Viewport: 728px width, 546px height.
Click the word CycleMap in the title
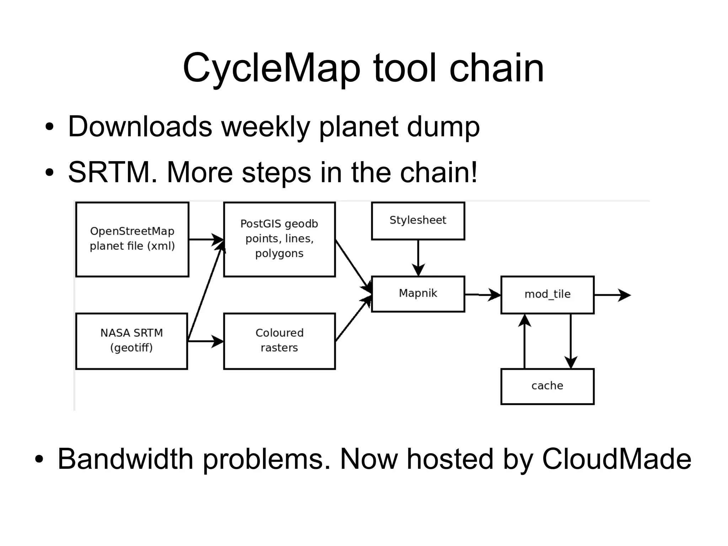271,68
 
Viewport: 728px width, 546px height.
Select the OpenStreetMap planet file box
132,239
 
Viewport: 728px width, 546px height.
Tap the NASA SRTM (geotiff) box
132,340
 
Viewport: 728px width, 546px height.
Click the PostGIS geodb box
279,239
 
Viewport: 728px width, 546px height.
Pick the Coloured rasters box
279,340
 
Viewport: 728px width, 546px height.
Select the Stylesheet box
418,221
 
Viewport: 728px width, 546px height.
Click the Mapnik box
418,293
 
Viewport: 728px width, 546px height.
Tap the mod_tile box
547,295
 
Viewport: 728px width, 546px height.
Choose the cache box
547,386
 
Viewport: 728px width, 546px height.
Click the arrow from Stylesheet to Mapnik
418,258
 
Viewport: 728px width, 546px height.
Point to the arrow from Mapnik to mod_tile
482,295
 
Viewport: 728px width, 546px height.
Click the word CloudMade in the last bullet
616,459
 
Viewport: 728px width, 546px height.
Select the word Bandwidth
125,459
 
